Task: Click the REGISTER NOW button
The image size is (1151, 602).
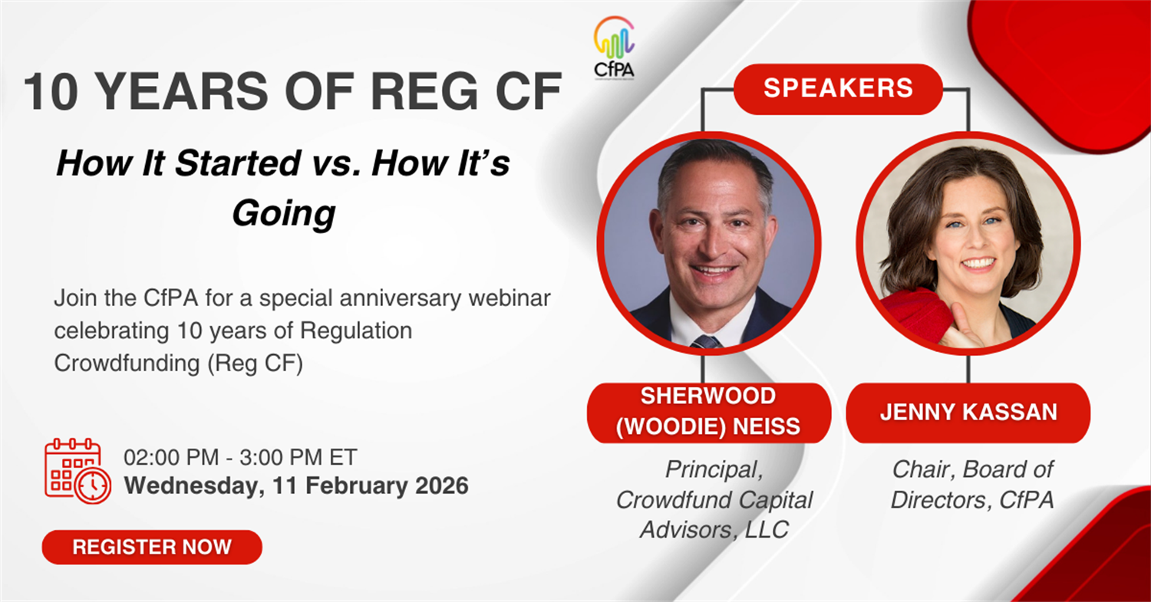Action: pyautogui.click(x=152, y=547)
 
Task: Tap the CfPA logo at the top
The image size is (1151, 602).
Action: pyautogui.click(x=614, y=48)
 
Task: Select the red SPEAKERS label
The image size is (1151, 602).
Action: pyautogui.click(x=838, y=88)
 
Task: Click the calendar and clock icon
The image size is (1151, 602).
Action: pyautogui.click(x=78, y=471)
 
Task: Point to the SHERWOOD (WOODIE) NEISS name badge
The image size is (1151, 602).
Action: pyautogui.click(x=708, y=412)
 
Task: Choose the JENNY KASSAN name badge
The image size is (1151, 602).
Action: pyautogui.click(x=968, y=412)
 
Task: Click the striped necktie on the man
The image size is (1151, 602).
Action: pyautogui.click(x=706, y=341)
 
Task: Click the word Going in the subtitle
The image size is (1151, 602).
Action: pyautogui.click(x=284, y=214)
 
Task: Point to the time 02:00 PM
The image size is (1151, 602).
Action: pyautogui.click(x=171, y=457)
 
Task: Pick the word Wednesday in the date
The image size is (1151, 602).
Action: pyautogui.click(x=193, y=486)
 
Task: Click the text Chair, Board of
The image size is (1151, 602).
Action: pyautogui.click(x=973, y=469)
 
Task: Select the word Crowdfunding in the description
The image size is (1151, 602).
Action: pyautogui.click(x=127, y=364)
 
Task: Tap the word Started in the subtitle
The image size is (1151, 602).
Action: pyautogui.click(x=237, y=163)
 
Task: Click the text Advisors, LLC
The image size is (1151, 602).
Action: pyautogui.click(x=714, y=530)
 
